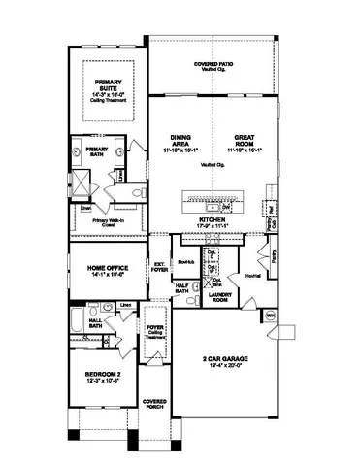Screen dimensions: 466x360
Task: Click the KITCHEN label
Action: tap(212, 220)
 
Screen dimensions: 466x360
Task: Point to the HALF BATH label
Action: tap(181, 287)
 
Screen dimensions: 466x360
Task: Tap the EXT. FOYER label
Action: tap(159, 268)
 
